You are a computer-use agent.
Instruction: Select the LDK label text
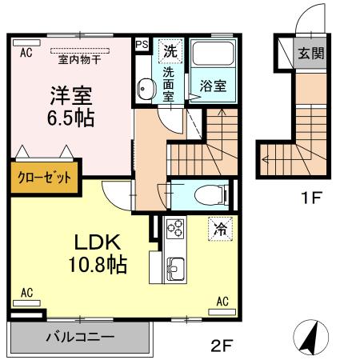coord(99,242)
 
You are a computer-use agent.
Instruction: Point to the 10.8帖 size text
coord(99,264)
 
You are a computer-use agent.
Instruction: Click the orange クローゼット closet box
coord(46,177)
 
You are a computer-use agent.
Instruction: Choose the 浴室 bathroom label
coord(214,82)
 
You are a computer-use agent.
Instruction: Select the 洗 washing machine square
coord(170,50)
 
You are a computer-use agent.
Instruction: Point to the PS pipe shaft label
coord(142,46)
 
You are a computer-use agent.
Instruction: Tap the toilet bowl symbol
coord(206,194)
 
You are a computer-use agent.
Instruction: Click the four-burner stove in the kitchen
coord(174,233)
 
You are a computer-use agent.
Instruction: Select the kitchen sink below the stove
coord(175,266)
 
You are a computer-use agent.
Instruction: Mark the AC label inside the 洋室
coord(26,53)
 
